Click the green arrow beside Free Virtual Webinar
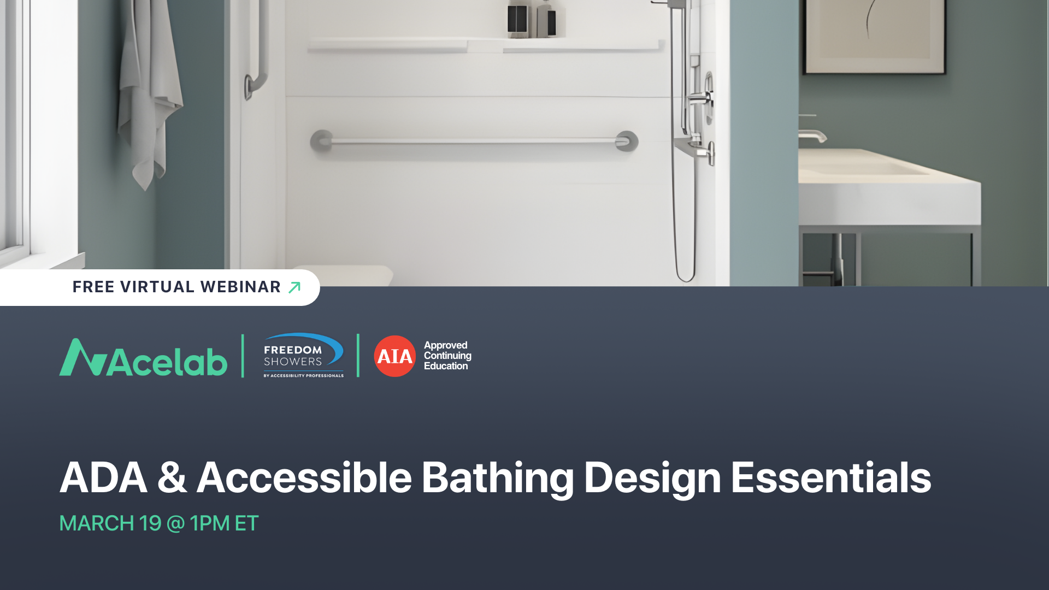click(x=294, y=287)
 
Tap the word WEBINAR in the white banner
click(x=240, y=287)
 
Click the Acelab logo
click(x=143, y=358)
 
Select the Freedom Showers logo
click(x=303, y=356)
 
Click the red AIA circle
click(x=394, y=356)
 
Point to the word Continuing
click(x=447, y=356)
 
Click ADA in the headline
click(x=103, y=478)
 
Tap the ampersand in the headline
click(x=172, y=478)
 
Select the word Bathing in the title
click(x=497, y=478)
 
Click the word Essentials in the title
click(x=830, y=478)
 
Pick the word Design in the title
click(x=652, y=478)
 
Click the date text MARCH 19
click(x=110, y=523)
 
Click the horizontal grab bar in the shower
click(x=474, y=141)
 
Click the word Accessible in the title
click(x=304, y=478)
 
